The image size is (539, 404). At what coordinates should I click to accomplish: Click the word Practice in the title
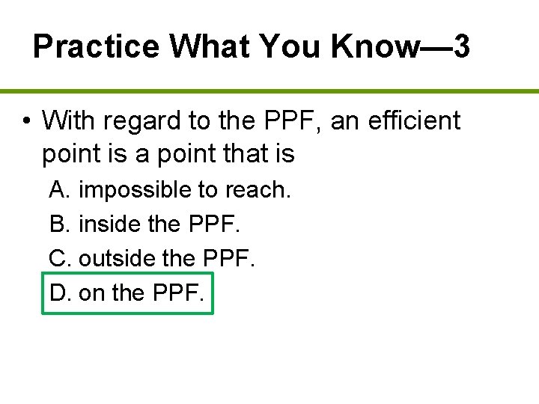pyautogui.click(x=97, y=47)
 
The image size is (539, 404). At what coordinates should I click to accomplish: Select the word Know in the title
pyautogui.click(x=374, y=47)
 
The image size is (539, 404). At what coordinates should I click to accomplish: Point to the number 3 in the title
pyautogui.click(x=462, y=47)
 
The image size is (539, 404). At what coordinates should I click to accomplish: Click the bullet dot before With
pyautogui.click(x=25, y=121)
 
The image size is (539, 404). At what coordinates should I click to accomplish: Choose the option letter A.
pyautogui.click(x=59, y=190)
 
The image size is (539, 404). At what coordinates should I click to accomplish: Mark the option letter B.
pyautogui.click(x=59, y=224)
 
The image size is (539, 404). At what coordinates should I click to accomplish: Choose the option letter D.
pyautogui.click(x=60, y=293)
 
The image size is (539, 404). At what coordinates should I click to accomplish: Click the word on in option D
pyautogui.click(x=92, y=293)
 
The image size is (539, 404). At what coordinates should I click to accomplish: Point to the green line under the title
pyautogui.click(x=269, y=91)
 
